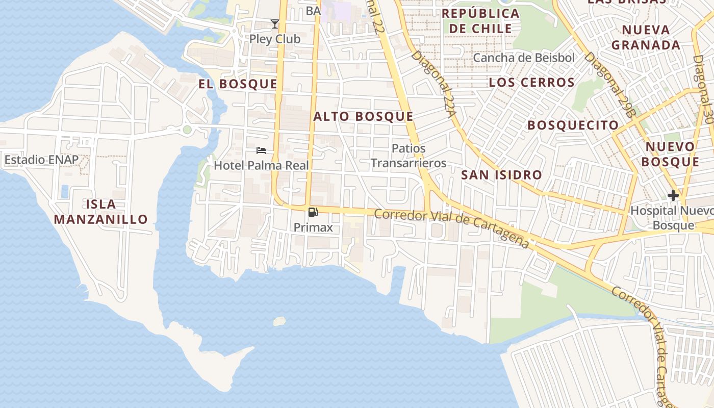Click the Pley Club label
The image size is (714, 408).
point(274,39)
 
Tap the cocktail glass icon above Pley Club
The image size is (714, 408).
point(275,24)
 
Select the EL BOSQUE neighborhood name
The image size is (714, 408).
point(238,84)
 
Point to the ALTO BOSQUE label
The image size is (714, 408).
point(363,116)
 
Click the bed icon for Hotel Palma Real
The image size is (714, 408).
point(261,150)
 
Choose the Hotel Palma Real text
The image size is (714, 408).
point(261,165)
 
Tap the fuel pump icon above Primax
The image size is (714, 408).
point(313,212)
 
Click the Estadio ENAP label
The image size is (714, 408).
point(42,160)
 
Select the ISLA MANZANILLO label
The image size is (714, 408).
point(101,212)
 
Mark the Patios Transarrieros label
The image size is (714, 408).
point(408,156)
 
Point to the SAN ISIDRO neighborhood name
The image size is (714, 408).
point(501,175)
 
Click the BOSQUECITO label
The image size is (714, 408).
point(573,125)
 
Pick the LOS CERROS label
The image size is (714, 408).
point(531,82)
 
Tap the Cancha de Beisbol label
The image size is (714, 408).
point(524,58)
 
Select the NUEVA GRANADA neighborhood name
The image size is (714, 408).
point(646,37)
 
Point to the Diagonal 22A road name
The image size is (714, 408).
point(433,84)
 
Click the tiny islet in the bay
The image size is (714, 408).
point(279,321)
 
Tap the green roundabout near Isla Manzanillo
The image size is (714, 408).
point(187,130)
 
